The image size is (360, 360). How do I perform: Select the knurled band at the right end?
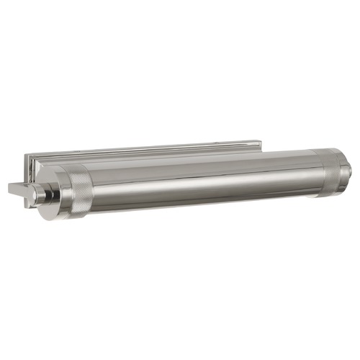pos(328,174)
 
